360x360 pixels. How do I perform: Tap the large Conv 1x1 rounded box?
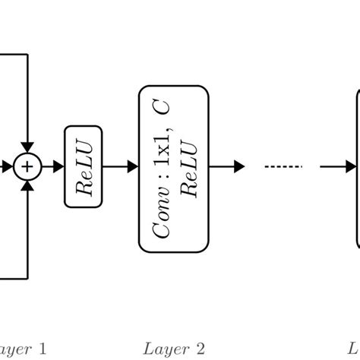(173, 168)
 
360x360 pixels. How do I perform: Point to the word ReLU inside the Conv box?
(190, 168)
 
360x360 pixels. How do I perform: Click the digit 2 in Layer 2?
(201, 349)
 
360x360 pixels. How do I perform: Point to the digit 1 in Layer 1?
(43, 349)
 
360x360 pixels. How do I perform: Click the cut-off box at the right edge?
(358, 168)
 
